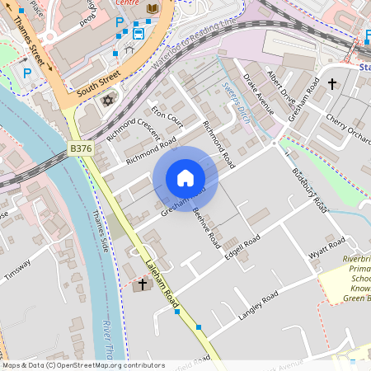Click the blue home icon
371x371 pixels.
[185, 178]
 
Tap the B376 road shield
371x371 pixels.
[82, 148]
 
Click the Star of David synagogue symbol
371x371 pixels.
[106, 101]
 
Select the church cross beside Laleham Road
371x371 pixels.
[142, 284]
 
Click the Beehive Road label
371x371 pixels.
[206, 227]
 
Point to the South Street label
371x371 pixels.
[93, 85]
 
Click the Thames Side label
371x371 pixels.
[101, 232]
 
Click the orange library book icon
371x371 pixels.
[152, 8]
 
